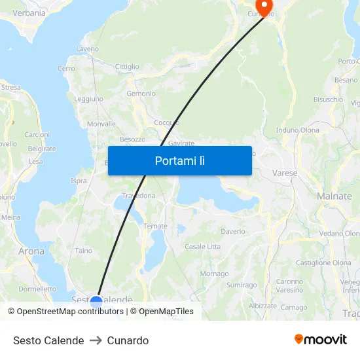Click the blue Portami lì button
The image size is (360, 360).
[x=180, y=160]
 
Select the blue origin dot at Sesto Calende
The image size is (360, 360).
[x=96, y=302]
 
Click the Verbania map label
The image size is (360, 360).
[x=29, y=12]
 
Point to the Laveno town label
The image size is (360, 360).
[x=88, y=49]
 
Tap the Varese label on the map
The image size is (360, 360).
[x=285, y=173]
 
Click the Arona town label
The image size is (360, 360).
[x=31, y=251]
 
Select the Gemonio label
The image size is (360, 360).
[x=141, y=94]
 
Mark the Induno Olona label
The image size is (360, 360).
[x=298, y=130]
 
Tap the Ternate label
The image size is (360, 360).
[x=156, y=226]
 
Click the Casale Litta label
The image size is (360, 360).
[x=203, y=246]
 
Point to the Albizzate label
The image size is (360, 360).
[x=262, y=306]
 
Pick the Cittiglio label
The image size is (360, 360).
[x=127, y=67]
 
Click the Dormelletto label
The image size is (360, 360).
[x=37, y=289]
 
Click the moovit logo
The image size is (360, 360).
[x=321, y=340]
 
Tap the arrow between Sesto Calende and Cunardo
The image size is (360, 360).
[x=96, y=340]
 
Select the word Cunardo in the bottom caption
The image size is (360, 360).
[x=128, y=340]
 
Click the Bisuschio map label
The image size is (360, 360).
[x=328, y=99]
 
